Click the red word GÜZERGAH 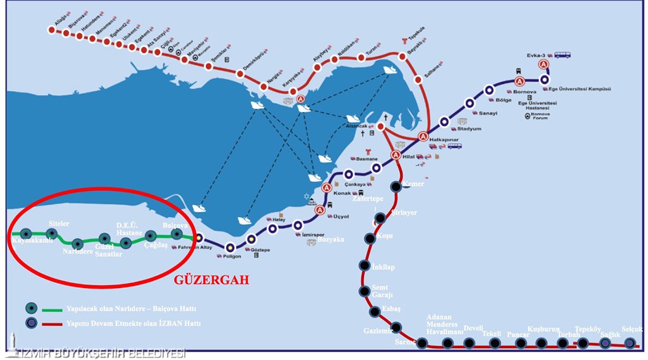(x=212, y=279)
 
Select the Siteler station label (x=59, y=224)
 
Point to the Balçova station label (x=175, y=225)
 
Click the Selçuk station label (x=632, y=329)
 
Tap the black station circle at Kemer (x=396, y=186)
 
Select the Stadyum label (x=469, y=128)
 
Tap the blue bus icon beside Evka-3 (x=563, y=54)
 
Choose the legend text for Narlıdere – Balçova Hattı (x=131, y=309)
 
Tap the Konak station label (x=342, y=193)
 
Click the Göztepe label (x=261, y=250)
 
